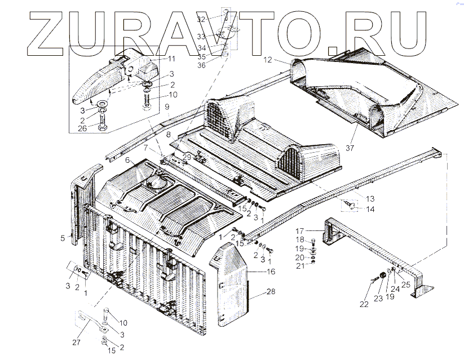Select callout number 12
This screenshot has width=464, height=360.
[x=267, y=59]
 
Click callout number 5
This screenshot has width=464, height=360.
[x=63, y=238]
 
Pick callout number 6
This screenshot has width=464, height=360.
[x=128, y=161]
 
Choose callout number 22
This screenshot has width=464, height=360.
[x=364, y=304]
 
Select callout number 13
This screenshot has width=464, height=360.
[x=370, y=199]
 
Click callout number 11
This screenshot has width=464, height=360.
[x=171, y=59]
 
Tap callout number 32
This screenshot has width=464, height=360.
[x=217, y=19]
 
